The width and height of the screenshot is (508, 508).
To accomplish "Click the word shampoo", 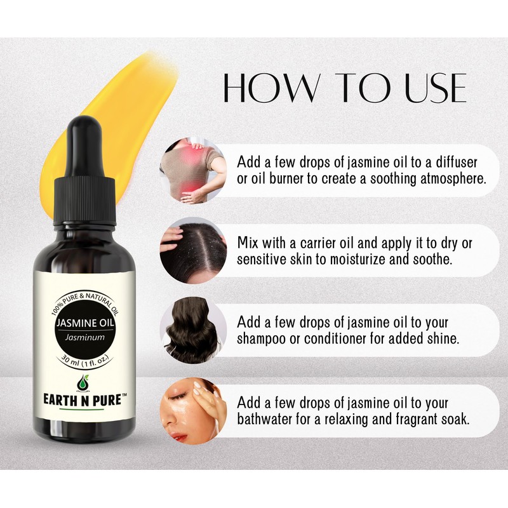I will click(x=262, y=338).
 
